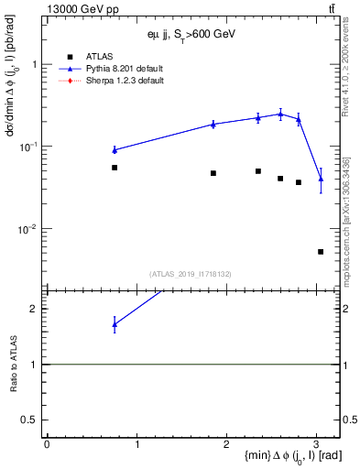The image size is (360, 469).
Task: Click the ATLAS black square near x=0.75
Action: point(115,168)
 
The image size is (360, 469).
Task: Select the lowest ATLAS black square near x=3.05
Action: point(321,251)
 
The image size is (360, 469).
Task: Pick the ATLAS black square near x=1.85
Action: point(213,173)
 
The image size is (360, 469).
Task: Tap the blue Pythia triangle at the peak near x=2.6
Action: point(280,114)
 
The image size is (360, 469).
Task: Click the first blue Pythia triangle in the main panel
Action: point(115,149)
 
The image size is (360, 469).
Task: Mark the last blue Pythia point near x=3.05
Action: point(321,179)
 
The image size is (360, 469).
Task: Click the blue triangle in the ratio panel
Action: point(115,323)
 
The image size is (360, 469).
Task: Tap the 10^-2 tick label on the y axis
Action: point(29,229)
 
